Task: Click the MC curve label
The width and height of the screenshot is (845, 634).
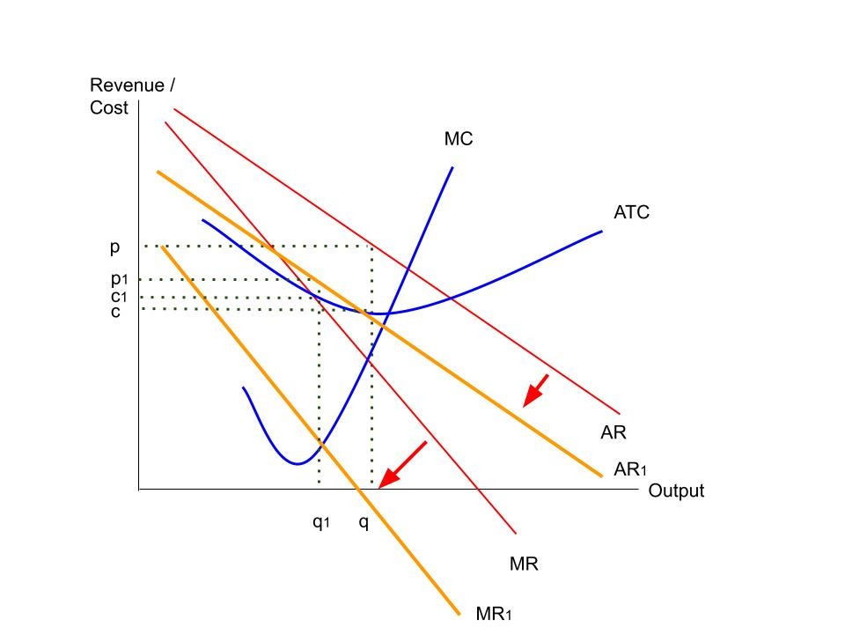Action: [x=458, y=138]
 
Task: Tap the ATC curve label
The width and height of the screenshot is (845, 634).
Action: [x=631, y=212]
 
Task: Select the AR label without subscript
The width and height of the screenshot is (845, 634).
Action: [x=613, y=432]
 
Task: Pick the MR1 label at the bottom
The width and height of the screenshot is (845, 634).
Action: [x=493, y=613]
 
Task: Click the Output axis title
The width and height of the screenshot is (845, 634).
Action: [x=676, y=491]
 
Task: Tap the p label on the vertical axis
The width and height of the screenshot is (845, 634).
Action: [x=114, y=247]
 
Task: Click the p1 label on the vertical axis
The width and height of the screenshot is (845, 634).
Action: [x=119, y=279]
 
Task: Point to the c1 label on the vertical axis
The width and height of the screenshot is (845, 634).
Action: [x=119, y=297]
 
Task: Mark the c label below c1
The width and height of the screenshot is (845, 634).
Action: [x=115, y=311]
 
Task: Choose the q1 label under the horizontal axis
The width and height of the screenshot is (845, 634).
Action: [x=320, y=521]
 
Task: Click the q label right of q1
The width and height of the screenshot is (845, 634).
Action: [x=364, y=521]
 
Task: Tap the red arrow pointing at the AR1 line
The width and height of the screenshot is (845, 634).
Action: [x=535, y=390]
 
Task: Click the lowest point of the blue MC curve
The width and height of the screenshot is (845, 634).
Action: [x=299, y=463]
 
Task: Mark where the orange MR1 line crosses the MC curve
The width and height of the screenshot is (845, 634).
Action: [x=320, y=443]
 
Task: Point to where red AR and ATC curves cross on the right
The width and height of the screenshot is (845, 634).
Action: [x=451, y=299]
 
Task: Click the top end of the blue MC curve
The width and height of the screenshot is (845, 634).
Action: [x=452, y=166]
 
